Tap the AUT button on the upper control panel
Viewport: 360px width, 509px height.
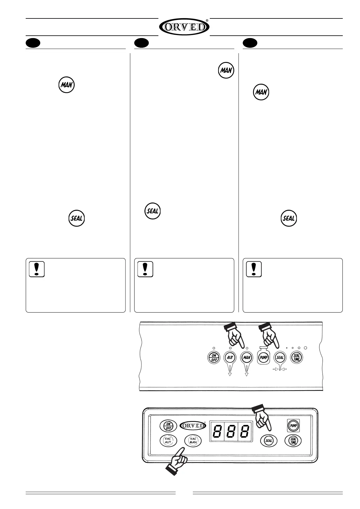(x=230, y=357)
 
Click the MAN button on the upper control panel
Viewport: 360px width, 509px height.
(x=247, y=357)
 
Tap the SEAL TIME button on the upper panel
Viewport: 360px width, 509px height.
(x=297, y=357)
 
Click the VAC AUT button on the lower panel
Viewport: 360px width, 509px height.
(x=168, y=440)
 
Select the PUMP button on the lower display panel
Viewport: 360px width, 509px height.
(x=293, y=426)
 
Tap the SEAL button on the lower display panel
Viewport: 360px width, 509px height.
(x=268, y=440)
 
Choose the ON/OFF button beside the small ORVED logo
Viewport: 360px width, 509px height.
(x=168, y=426)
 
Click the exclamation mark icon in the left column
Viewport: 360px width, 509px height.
(x=37, y=269)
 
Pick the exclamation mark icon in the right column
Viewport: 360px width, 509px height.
(x=254, y=269)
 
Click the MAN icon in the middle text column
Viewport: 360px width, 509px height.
(x=226, y=70)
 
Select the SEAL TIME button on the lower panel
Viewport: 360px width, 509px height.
(x=293, y=440)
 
